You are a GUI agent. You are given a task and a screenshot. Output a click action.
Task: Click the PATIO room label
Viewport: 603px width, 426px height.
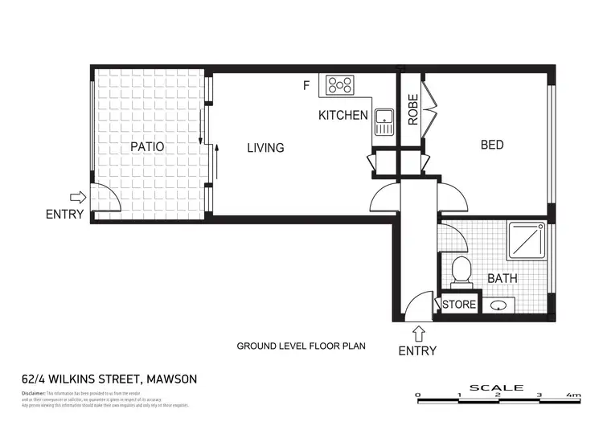click(147, 147)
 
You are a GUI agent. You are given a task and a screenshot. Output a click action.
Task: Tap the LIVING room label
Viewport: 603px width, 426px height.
click(265, 148)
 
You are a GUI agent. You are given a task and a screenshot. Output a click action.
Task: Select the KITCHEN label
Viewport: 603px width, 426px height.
click(343, 116)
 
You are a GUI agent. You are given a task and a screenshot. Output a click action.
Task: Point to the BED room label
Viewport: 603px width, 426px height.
click(492, 145)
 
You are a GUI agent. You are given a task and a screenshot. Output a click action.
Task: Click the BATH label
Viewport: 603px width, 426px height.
click(503, 279)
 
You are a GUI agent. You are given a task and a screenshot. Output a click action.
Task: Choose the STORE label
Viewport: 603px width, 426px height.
click(459, 305)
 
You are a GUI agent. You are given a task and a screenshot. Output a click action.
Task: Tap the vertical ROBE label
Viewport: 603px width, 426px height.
click(412, 110)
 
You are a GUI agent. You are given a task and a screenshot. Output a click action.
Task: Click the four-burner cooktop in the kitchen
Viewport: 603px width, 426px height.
click(340, 84)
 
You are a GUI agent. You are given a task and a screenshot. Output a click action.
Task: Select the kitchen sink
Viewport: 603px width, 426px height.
click(384, 121)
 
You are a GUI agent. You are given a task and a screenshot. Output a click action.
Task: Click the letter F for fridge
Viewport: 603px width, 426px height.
click(306, 84)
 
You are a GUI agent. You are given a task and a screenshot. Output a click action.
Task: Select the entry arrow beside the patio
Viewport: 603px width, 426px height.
click(78, 197)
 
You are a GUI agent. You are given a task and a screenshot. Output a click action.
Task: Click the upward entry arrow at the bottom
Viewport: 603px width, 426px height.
click(418, 332)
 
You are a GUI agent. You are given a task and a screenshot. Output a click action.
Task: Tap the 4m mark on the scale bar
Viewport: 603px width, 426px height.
click(574, 395)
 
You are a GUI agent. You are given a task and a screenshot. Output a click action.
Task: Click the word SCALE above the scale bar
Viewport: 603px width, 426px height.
click(496, 387)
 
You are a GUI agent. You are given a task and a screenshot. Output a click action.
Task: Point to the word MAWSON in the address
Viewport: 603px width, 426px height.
click(169, 379)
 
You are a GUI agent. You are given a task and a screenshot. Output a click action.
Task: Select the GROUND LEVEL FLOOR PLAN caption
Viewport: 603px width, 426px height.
click(301, 346)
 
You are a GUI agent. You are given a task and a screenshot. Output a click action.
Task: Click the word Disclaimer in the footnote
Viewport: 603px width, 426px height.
click(35, 393)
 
